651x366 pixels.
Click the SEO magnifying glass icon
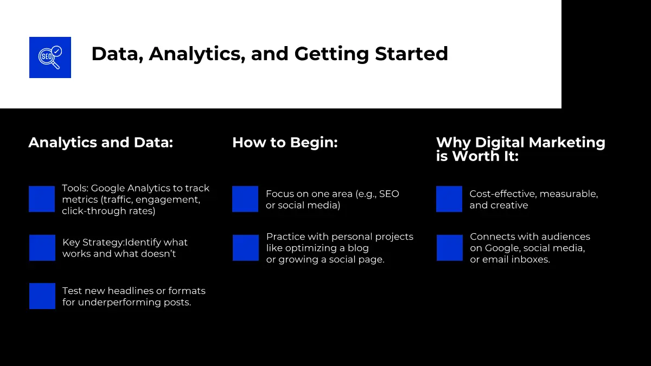[x=50, y=57]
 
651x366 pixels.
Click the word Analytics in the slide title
[x=197, y=54]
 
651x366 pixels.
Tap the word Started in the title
[x=412, y=54]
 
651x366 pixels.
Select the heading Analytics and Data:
[x=101, y=142]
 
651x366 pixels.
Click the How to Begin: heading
[x=285, y=143]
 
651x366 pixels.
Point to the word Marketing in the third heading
[x=567, y=142]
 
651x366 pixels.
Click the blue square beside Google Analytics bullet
[x=42, y=199]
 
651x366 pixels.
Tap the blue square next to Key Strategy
[x=42, y=248]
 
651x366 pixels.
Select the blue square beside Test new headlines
[x=42, y=296]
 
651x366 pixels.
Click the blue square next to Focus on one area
[x=245, y=199]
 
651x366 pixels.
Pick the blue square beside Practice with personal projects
[x=246, y=248]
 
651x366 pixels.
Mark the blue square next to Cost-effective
[x=449, y=199]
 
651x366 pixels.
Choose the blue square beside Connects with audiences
[x=450, y=248]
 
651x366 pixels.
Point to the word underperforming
[x=119, y=303]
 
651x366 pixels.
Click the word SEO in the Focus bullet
[x=389, y=194]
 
